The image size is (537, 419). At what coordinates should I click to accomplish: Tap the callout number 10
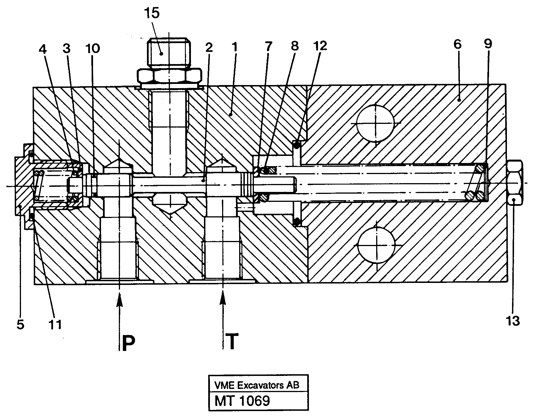pos(92,48)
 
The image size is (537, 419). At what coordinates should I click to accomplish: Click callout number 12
pos(321,46)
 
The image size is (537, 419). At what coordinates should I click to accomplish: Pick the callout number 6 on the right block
pos(457,45)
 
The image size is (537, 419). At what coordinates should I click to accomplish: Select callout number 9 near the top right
pos(488,44)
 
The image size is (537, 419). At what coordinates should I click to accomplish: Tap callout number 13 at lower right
pos(513,321)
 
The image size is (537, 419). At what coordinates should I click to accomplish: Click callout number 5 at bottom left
pos(20,325)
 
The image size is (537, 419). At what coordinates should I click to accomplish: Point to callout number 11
pos(55,325)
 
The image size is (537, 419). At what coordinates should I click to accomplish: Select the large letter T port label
pos(232,342)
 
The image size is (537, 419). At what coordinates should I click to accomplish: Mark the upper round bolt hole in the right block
pos(375,123)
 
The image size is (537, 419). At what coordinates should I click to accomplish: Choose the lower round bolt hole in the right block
pos(376,245)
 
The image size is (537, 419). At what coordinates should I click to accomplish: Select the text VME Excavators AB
pos(257,385)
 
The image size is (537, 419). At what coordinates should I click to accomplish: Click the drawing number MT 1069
pos(242,401)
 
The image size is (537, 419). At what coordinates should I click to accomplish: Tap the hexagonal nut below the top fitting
pos(170,76)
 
